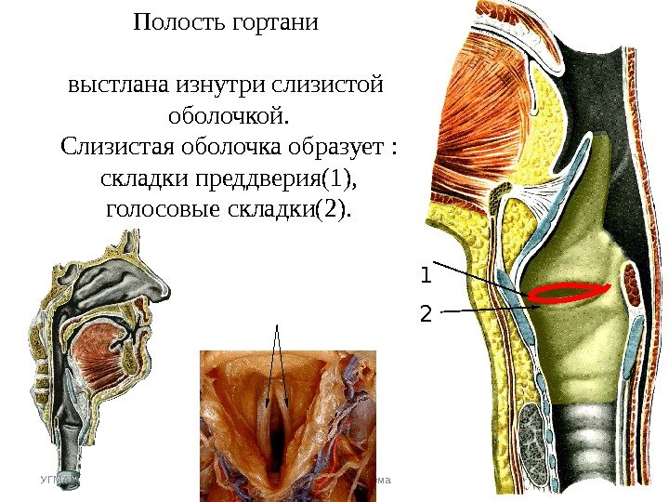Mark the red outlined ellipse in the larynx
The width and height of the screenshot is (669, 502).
pos(570,293)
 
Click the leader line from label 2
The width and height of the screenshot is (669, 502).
pos(483,309)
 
